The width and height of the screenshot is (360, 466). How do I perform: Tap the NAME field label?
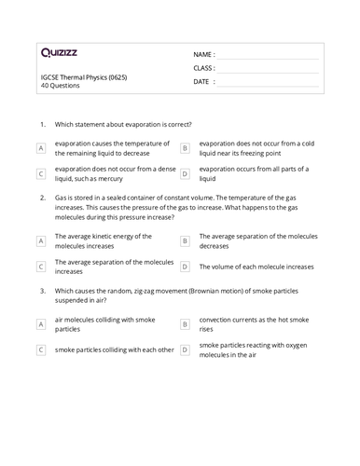coord(204,55)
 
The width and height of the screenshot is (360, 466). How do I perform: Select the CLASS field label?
coord(204,68)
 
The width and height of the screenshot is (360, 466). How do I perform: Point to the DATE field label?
coord(202,81)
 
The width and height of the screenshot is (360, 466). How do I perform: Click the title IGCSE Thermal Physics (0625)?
coord(82,76)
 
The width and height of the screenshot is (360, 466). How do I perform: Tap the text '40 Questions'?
coord(61,85)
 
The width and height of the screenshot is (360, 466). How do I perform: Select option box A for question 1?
coord(41,148)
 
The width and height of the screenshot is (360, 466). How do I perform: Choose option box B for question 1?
coord(185,148)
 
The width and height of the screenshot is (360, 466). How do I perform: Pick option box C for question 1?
coord(41,173)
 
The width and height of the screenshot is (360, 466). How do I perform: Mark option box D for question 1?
coord(185,173)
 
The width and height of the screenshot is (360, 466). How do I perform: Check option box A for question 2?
coord(41,240)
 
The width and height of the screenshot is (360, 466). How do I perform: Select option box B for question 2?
coord(185,240)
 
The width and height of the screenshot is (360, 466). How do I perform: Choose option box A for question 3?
coord(41,324)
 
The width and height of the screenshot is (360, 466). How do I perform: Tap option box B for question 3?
coord(185,324)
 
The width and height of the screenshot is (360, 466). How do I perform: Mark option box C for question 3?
coord(41,349)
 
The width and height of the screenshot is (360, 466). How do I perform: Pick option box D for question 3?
coord(185,349)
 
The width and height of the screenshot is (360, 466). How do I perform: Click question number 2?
coord(43,199)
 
